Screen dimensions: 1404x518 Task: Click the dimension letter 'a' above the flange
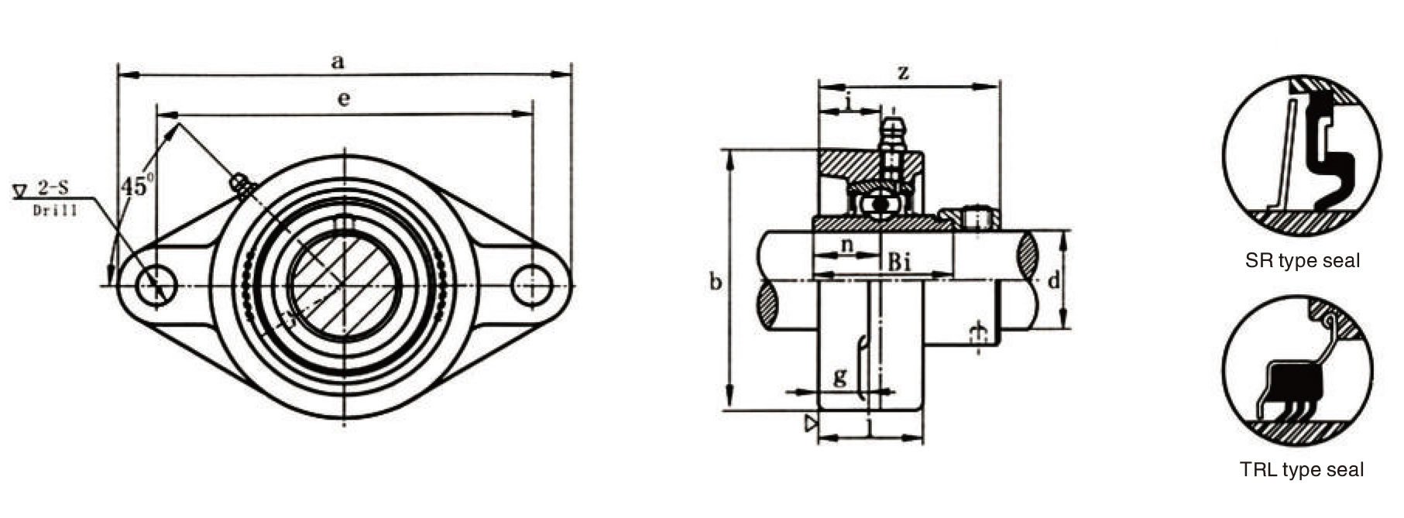point(338,62)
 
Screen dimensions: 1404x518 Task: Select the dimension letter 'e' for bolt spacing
point(344,99)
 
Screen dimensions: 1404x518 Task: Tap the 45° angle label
point(138,186)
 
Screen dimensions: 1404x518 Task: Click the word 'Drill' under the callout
point(55,210)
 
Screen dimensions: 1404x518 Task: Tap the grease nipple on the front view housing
point(242,187)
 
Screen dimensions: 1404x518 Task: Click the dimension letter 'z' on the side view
point(903,73)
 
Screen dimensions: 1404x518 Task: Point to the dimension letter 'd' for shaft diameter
point(1054,280)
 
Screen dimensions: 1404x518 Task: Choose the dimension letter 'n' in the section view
point(847,245)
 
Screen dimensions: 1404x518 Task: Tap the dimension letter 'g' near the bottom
point(840,378)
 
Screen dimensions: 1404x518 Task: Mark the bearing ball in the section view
point(881,204)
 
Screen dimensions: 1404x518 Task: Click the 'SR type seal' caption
point(1303,261)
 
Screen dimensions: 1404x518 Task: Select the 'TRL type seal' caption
point(1302,469)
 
